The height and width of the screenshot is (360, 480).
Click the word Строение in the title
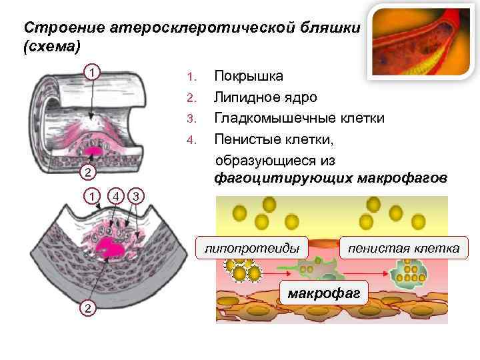coord(55,28)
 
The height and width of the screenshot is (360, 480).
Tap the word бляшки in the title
coord(332,28)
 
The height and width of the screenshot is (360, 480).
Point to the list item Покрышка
coord(248,75)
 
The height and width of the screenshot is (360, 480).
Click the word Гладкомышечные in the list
coord(280,119)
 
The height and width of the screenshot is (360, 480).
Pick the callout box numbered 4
coord(116,196)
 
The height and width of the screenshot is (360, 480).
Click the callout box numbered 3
coord(135,196)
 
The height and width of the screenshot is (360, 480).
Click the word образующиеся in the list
coord(256,161)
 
